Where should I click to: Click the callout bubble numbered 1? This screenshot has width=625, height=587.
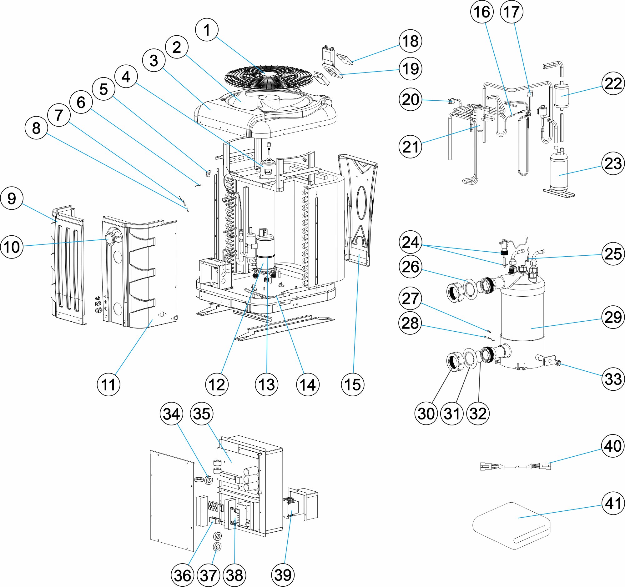pos(207,30)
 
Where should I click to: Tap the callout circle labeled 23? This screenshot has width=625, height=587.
pos(613,163)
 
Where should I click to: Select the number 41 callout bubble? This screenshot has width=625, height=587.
pos(613,503)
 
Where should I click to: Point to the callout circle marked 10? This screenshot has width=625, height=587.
pos(12,247)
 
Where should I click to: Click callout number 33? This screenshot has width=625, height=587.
pos(613,379)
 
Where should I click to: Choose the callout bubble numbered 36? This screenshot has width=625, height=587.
pos(182,576)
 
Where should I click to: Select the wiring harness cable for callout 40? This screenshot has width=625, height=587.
pos(516,466)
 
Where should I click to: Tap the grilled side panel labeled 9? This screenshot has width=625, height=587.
pos(68,264)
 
